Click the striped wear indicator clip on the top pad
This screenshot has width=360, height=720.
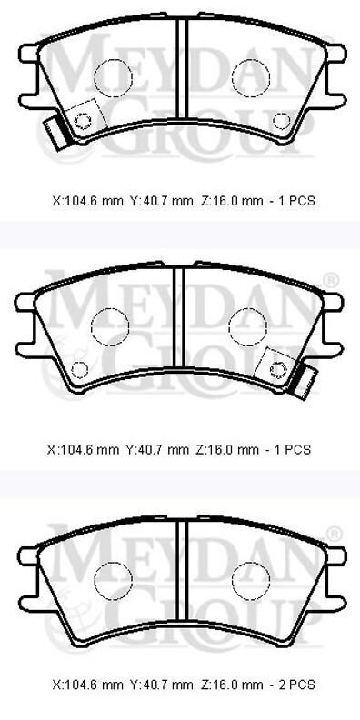point(56,134)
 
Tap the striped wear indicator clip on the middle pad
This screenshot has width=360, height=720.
point(303,380)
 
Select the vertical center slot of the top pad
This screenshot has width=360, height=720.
point(183,67)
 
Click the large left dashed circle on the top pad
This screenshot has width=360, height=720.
point(113,78)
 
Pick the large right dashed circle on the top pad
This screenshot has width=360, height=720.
point(251,78)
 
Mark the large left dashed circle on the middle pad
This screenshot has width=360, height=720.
point(110,327)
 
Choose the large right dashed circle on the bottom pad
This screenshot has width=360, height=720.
point(251,581)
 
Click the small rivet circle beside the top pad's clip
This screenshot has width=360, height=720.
point(83,121)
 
